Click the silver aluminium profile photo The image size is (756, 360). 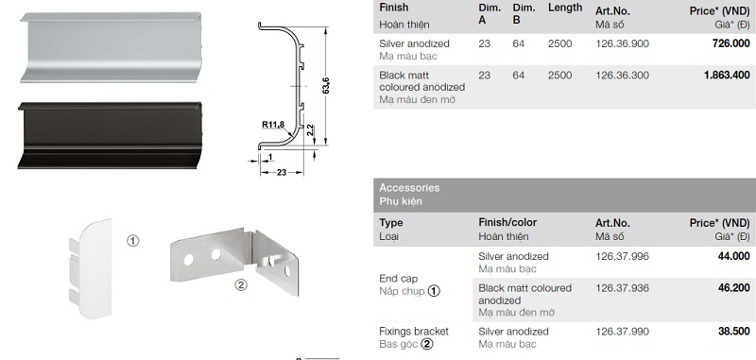click(x=111, y=47)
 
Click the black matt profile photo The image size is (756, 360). click(x=110, y=135)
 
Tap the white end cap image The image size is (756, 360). click(x=90, y=268)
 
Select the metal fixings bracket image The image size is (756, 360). click(x=234, y=260)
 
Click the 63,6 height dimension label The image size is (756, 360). click(x=326, y=85)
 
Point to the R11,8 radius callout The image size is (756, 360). click(x=273, y=125)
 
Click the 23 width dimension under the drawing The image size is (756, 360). click(x=282, y=172)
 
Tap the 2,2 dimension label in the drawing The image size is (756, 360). click(x=310, y=130)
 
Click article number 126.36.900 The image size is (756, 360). click(x=623, y=43)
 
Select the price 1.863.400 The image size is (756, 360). click(x=727, y=76)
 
